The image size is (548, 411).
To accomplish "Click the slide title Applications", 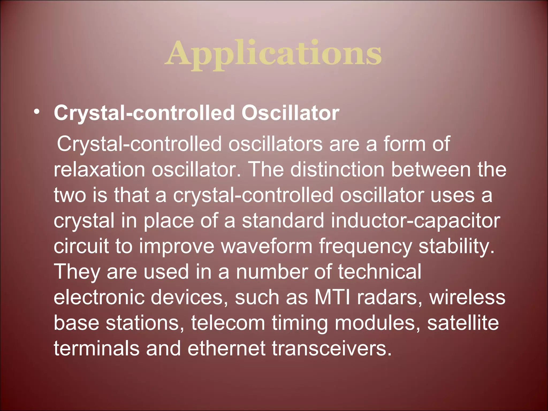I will (273, 54).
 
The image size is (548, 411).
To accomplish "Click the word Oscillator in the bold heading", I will (290, 113).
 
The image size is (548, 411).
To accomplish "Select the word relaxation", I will (99, 170).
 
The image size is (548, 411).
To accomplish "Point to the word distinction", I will (337, 170).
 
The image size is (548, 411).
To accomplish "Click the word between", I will (431, 170).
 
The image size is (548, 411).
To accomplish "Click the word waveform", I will (266, 246).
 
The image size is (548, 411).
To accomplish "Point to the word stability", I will (456, 246).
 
